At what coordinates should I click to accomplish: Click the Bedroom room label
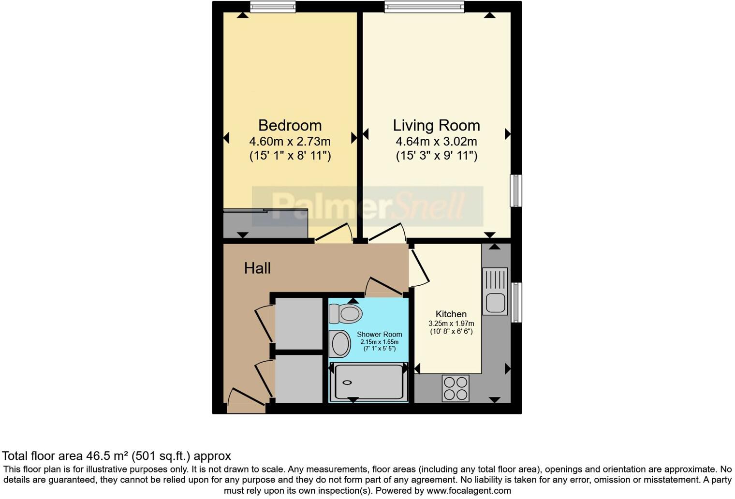(x=290, y=125)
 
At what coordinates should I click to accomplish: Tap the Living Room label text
(x=436, y=125)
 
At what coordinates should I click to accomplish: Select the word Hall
(x=257, y=268)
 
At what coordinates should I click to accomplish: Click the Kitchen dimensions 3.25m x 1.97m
(x=451, y=323)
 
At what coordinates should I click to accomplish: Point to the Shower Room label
(x=379, y=334)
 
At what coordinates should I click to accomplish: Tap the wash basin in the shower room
(x=340, y=344)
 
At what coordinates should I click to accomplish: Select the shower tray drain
(x=348, y=382)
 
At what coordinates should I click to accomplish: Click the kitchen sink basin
(x=496, y=303)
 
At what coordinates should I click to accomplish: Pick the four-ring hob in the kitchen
(x=456, y=388)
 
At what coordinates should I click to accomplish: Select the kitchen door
(x=419, y=268)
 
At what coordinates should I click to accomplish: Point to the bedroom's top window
(x=273, y=6)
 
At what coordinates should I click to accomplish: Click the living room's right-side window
(x=516, y=191)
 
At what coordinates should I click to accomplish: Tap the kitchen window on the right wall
(x=516, y=302)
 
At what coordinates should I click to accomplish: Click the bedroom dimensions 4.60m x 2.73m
(x=290, y=141)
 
